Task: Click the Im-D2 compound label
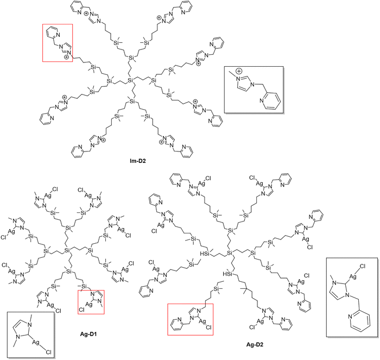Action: pos(138,161)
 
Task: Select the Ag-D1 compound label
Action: pos(88,334)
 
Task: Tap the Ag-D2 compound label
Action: pos(255,344)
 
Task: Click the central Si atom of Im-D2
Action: pos(131,80)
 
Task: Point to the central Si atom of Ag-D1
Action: pos(68,250)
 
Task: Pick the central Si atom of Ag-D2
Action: pos(230,253)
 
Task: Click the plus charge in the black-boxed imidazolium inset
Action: pos(239,71)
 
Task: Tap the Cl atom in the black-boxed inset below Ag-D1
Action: pos(49,352)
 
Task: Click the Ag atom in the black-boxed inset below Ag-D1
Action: pos(36,342)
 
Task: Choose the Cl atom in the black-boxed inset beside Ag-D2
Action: pos(362,267)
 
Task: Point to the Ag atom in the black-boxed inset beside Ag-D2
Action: pos(353,276)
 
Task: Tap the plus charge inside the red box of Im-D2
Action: pos(66,57)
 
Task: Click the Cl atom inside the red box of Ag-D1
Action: pos(81,310)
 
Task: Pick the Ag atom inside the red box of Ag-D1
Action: pos(89,304)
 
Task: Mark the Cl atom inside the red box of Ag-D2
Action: pos(208,327)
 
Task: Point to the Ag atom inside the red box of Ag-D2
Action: pos(202,321)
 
